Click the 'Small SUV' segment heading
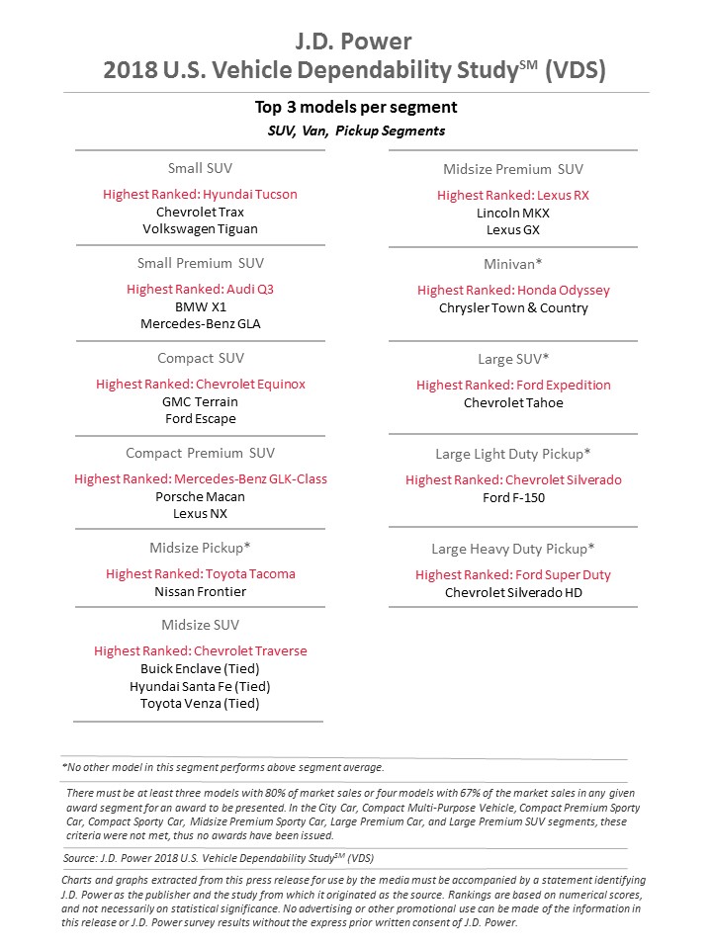200,168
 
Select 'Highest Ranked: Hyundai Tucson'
200,195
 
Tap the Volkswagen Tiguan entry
200,229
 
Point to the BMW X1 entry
200,306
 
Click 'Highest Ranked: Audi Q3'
200,290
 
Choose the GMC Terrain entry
200,401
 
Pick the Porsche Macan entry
200,496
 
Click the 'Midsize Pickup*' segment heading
200,548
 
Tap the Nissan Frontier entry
200,591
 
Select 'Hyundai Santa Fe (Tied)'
200,686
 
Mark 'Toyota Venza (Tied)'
200,703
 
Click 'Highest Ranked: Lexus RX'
512,196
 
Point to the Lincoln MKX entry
512,213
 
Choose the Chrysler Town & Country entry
512,307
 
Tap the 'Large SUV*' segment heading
512,359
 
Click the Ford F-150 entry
512,497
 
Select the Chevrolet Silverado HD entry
512,592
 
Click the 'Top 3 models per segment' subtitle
356,108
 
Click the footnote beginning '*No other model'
222,767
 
